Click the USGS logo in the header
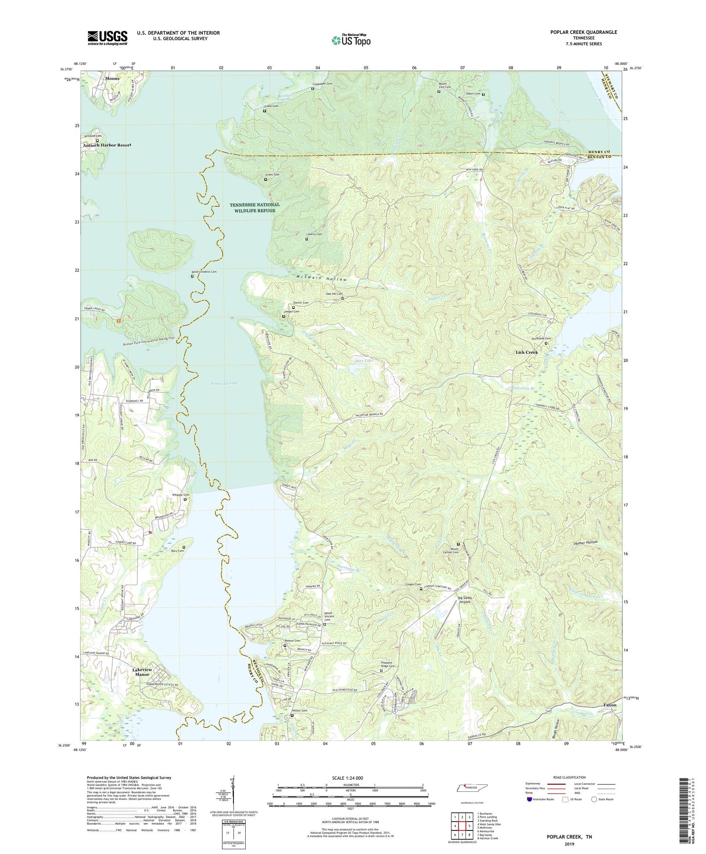[x=107, y=38]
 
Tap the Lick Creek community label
[x=526, y=352]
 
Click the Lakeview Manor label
[x=142, y=672]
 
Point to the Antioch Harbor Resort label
[x=107, y=145]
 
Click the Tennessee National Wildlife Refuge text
[x=255, y=207]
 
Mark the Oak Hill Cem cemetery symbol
[x=343, y=299]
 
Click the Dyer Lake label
[x=363, y=360]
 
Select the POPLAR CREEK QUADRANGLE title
[x=583, y=32]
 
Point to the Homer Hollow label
[x=586, y=542]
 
